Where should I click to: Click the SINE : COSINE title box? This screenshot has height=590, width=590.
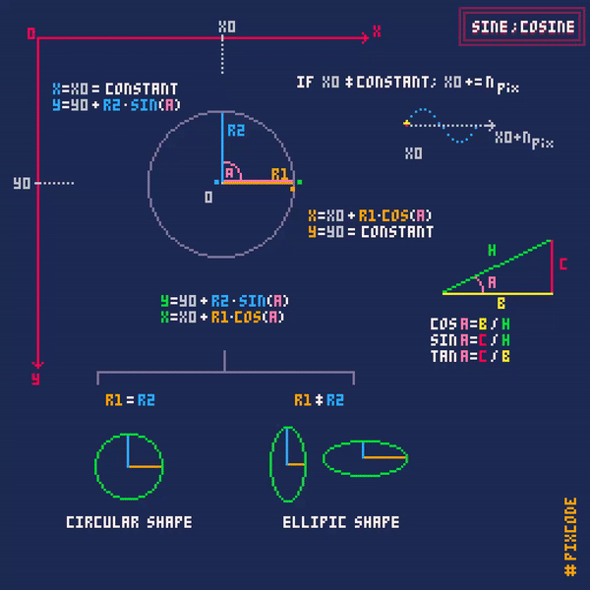click(522, 27)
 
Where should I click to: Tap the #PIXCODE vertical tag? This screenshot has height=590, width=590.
click(570, 537)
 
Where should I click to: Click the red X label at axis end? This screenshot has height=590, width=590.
click(377, 30)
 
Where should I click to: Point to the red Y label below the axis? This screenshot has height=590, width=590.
click(35, 379)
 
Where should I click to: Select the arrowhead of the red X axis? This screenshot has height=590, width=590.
click(365, 37)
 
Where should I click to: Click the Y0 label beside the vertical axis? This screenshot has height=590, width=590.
click(22, 183)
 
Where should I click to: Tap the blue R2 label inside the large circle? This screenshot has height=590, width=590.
click(236, 131)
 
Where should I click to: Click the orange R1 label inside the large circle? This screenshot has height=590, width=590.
click(279, 174)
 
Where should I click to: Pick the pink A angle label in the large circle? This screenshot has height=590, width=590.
click(229, 173)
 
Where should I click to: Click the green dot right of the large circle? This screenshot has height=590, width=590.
click(300, 182)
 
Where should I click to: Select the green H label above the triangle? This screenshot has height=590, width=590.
click(492, 250)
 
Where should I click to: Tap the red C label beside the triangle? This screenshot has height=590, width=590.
click(562, 265)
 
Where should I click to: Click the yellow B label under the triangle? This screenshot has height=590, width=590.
click(501, 303)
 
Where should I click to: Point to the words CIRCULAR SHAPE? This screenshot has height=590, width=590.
click(129, 522)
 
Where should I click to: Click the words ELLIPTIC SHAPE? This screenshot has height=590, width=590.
click(341, 522)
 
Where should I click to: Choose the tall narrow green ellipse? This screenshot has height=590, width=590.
click(271, 464)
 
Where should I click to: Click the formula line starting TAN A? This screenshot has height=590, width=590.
click(470, 356)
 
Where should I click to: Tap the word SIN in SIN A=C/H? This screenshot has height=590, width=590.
click(443, 340)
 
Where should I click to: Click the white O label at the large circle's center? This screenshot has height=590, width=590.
click(208, 198)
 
